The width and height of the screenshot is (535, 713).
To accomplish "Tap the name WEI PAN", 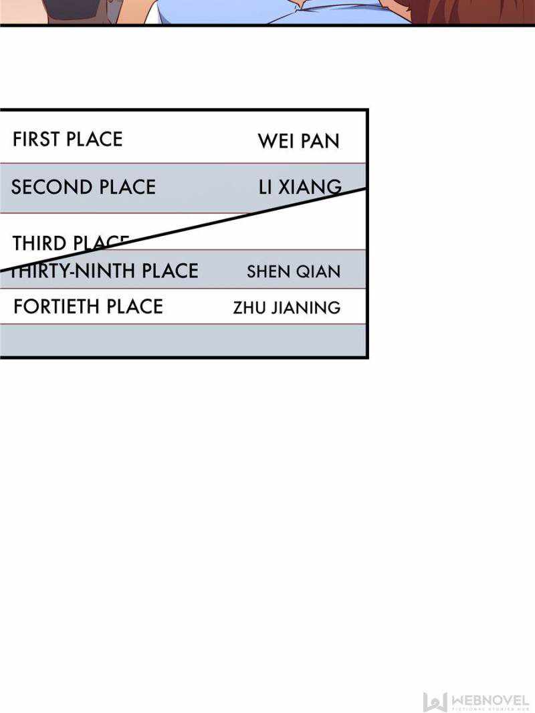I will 298,142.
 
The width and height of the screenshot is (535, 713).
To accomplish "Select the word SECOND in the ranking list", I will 44,187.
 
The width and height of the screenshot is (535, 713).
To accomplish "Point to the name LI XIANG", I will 300,188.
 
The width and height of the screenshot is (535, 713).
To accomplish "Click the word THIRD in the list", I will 39,244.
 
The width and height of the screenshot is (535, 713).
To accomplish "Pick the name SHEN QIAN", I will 294,272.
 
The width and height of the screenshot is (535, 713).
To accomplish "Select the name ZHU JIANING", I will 287,308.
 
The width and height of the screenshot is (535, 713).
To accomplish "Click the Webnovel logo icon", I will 434,701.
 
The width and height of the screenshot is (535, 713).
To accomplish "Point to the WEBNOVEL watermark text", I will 490,699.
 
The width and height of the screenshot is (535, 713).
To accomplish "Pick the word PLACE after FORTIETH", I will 132,307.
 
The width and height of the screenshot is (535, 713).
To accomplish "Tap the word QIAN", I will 324,272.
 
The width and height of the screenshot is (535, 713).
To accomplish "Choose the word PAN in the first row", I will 322,142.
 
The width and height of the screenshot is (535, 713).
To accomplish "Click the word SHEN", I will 268,272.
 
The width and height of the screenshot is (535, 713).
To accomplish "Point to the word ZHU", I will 246,308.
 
